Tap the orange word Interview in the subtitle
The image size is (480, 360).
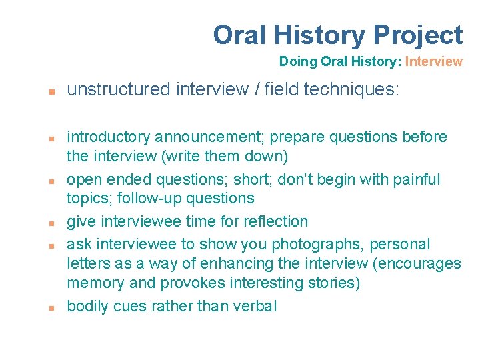[x=433, y=62]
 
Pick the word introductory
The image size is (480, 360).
[x=109, y=137]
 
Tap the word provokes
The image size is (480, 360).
[x=190, y=283]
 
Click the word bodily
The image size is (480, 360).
[x=87, y=307]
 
